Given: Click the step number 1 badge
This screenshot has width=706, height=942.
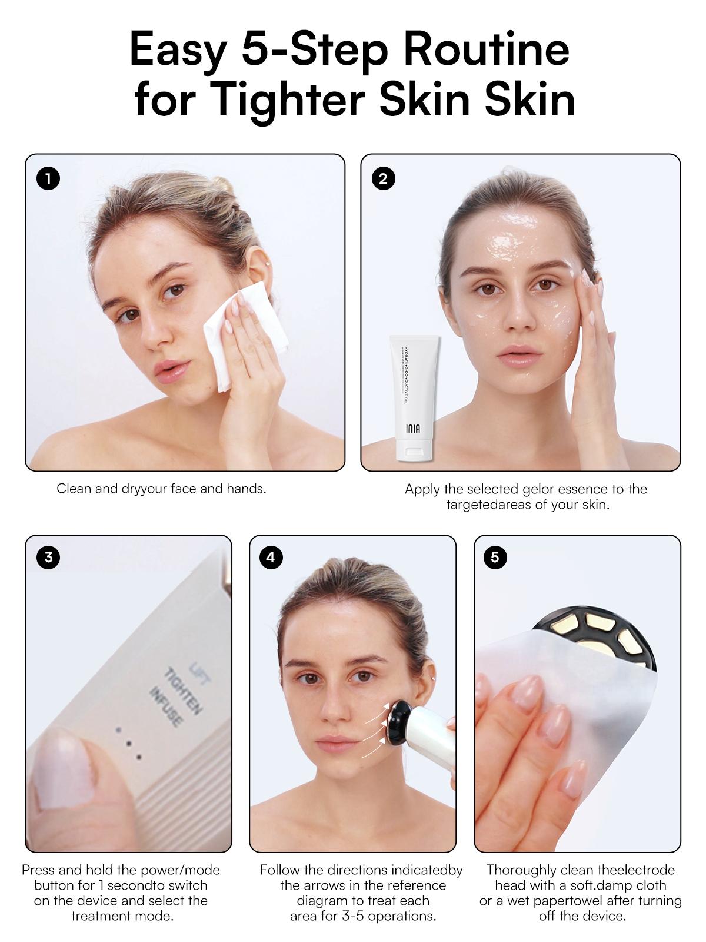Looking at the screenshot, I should click(48, 178).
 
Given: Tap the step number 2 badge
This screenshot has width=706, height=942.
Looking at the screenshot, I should click(384, 178).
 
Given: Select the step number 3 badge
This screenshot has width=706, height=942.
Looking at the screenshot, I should click(48, 557).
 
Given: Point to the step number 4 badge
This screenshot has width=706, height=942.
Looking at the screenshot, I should click(271, 557).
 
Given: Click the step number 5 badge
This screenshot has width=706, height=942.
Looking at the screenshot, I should click(495, 557).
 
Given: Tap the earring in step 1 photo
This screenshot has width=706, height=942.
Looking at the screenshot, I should click(268, 264).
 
